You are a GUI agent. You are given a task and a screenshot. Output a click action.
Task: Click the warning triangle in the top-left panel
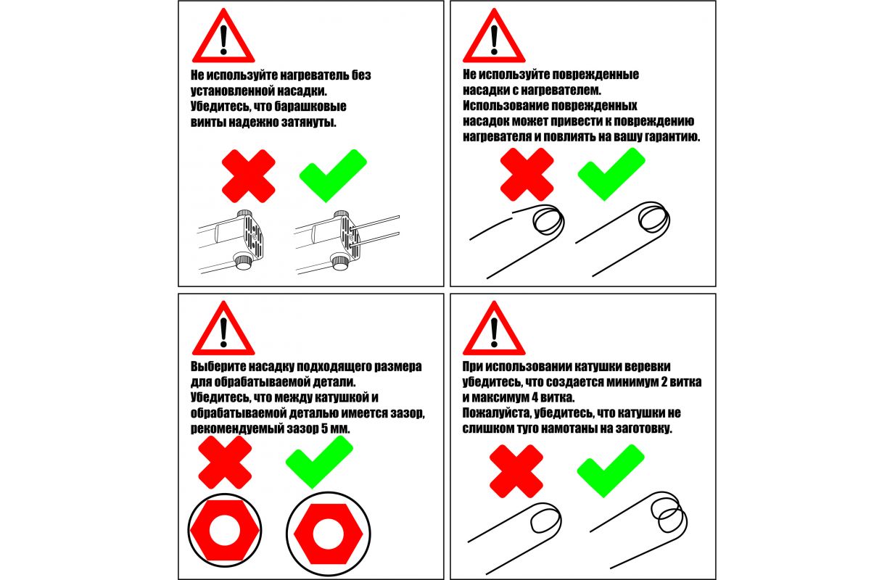(x=223, y=36)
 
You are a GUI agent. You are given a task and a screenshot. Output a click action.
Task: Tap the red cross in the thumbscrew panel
(x=249, y=176)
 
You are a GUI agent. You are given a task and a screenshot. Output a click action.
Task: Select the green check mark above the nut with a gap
(x=319, y=461)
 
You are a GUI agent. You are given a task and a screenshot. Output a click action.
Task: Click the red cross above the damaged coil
(x=527, y=174)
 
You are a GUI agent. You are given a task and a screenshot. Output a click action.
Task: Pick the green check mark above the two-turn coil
(x=611, y=471)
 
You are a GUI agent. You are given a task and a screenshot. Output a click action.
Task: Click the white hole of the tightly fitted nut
(x=225, y=531)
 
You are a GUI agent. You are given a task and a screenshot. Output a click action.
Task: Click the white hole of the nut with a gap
(x=328, y=534)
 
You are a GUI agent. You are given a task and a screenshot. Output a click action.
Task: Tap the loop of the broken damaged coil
(x=548, y=220)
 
